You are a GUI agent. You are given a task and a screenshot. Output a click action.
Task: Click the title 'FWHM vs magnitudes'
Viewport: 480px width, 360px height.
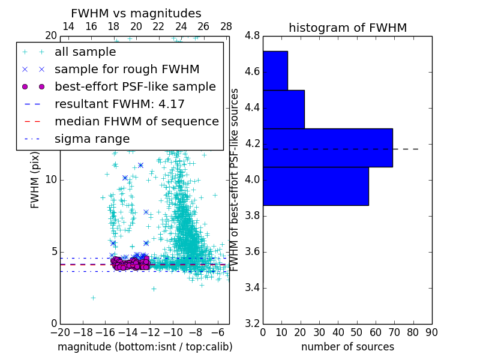136,13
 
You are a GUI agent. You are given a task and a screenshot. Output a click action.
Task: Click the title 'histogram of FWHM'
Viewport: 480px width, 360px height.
347,28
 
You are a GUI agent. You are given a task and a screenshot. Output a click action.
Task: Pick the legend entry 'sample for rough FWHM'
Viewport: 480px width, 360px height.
127,69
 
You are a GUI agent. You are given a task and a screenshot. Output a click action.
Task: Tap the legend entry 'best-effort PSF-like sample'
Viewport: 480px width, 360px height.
135,86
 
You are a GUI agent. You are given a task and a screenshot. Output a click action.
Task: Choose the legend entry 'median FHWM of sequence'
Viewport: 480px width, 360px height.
136,121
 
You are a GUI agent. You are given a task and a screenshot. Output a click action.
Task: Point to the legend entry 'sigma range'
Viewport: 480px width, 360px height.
92,139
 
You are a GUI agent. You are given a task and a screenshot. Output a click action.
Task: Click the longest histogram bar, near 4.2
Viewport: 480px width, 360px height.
328,148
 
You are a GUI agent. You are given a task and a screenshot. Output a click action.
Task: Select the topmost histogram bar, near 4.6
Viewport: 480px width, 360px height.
275,70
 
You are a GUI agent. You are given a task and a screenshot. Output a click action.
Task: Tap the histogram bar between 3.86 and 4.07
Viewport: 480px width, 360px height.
316,186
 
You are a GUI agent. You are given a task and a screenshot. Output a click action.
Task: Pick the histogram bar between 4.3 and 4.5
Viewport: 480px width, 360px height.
284,109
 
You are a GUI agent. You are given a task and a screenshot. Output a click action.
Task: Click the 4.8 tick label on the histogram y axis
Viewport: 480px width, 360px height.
251,36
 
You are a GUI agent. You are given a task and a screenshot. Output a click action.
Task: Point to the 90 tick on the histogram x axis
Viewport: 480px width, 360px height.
431,332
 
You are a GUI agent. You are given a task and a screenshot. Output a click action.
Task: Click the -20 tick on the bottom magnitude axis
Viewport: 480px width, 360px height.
60,332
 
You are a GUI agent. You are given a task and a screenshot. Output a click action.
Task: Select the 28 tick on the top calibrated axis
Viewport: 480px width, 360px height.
226,27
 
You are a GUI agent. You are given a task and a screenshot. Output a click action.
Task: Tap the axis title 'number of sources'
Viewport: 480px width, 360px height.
347,347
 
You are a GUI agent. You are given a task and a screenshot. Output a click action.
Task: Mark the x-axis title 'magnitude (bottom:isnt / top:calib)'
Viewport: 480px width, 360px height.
145,347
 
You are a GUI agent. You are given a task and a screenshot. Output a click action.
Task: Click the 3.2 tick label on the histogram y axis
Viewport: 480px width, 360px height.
251,323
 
